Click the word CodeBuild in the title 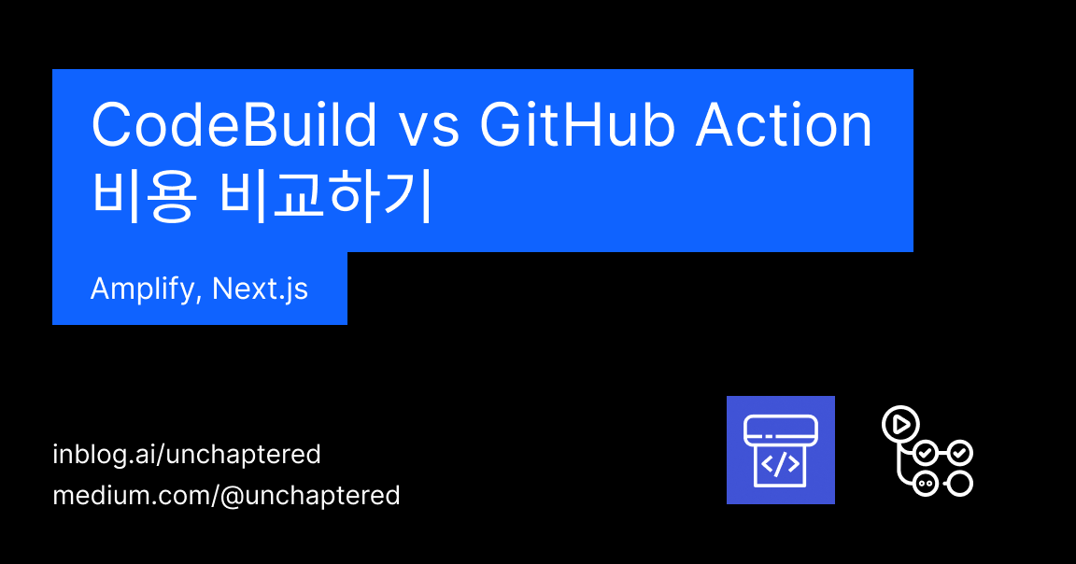[234, 126]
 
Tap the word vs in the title [432, 128]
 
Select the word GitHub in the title [577, 126]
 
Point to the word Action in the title [784, 126]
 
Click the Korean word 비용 [143, 197]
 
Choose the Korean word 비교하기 [325, 197]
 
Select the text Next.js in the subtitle [261, 289]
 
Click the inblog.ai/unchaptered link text [187, 455]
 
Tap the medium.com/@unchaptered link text [226, 495]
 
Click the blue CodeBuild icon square [781, 450]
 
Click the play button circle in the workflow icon [900, 424]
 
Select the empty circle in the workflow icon [960, 483]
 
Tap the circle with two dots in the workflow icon [925, 484]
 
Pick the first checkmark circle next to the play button [925, 454]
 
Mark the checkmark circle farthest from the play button [960, 454]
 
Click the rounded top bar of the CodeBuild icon [781, 430]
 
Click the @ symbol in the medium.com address [232, 496]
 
